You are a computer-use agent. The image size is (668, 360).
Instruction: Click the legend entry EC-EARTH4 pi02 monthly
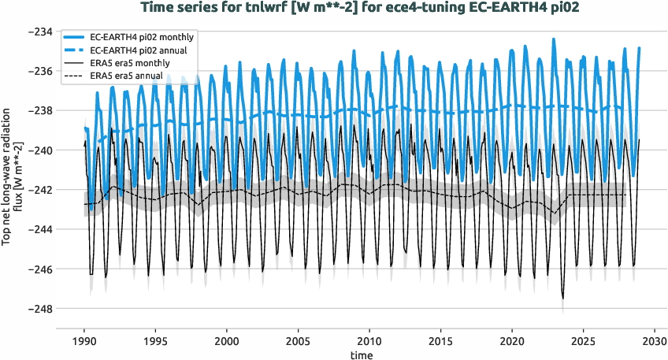point(143,37)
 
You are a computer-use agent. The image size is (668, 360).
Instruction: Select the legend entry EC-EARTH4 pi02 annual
point(139,50)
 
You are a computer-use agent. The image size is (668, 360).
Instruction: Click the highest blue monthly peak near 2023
point(554,39)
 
